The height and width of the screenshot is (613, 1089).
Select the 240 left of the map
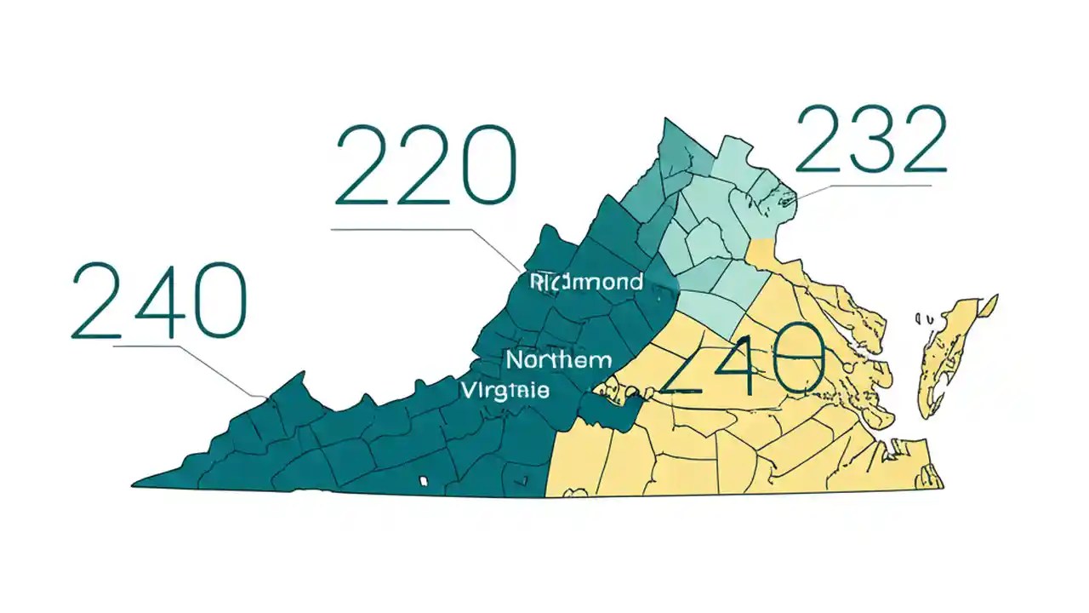pyautogui.click(x=158, y=301)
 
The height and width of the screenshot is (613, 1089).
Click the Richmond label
pyautogui.click(x=586, y=281)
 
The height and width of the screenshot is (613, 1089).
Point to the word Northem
pyautogui.click(x=558, y=360)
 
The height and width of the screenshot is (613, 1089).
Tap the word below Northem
pyautogui.click(x=505, y=391)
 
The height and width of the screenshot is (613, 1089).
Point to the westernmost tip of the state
pyautogui.click(x=135, y=485)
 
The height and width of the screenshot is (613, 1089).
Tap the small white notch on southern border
pyautogui.click(x=423, y=482)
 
